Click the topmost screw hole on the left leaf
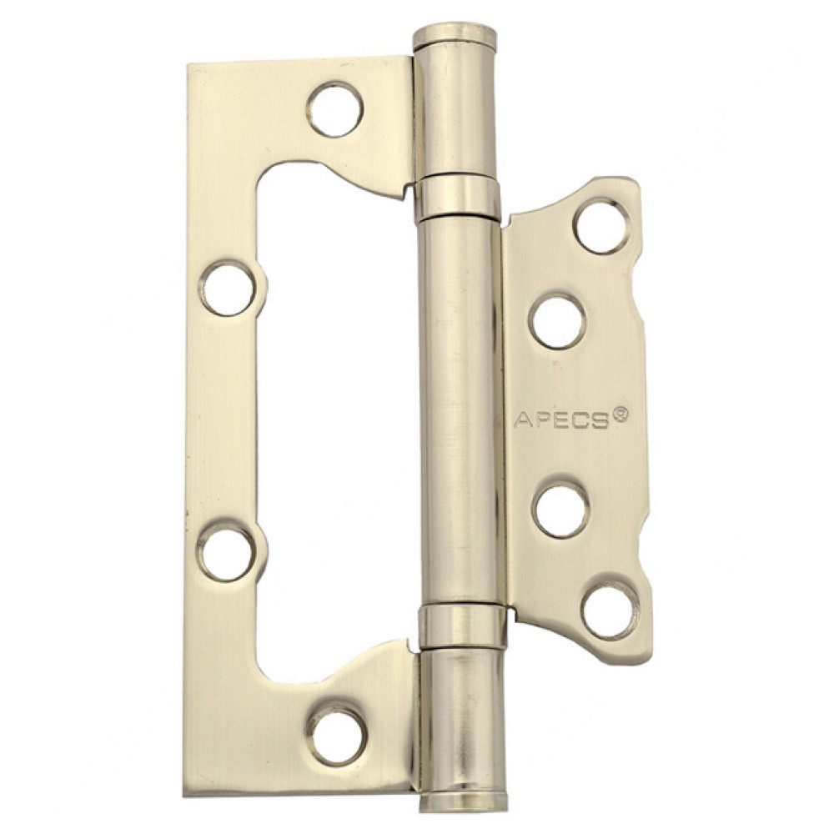[x=334, y=109]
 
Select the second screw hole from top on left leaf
[x=228, y=288]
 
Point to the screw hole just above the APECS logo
[x=557, y=321]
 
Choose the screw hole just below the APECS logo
[x=560, y=509]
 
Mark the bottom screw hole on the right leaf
[x=610, y=610]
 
